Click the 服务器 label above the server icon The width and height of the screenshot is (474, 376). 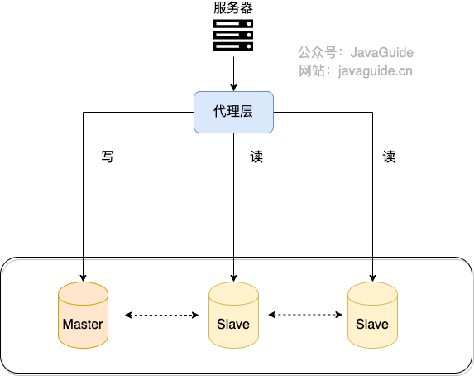tap(232, 8)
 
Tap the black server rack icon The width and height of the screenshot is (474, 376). tap(232, 35)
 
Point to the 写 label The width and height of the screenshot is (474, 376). tap(107, 156)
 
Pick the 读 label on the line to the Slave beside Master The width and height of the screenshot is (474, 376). tap(256, 156)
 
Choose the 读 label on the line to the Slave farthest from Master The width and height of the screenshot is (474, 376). tap(389, 156)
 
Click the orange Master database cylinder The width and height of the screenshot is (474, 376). tap(83, 314)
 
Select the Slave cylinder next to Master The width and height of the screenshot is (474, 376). tap(233, 314)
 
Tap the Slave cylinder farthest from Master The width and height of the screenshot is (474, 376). tap(372, 314)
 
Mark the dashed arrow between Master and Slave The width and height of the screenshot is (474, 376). tap(161, 315)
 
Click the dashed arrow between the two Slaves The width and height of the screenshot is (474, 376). tap(305, 315)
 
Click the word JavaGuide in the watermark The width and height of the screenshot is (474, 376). tap(381, 53)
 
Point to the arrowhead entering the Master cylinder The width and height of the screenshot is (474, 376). tap(83, 276)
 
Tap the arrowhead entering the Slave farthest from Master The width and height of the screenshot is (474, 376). tap(372, 276)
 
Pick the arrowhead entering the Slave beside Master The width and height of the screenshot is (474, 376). tap(233, 276)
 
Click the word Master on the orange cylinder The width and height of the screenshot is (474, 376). tap(83, 324)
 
